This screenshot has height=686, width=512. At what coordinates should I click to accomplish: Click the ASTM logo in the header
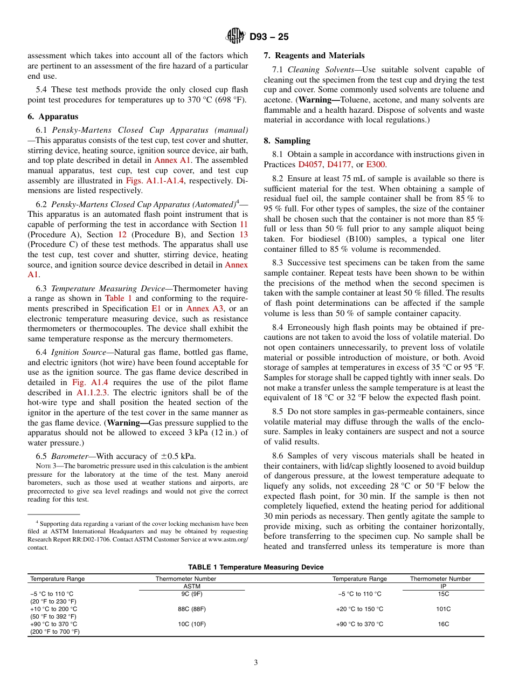[236, 37]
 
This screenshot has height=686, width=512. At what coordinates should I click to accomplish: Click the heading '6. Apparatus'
[53, 116]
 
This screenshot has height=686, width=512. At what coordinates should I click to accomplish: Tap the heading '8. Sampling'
[287, 141]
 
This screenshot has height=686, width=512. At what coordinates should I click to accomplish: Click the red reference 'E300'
[376, 164]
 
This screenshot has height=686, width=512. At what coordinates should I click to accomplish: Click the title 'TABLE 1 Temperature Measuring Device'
[255, 567]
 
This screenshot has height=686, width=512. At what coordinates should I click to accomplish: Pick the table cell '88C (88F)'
[192, 609]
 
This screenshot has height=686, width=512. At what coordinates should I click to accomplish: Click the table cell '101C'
[443, 609]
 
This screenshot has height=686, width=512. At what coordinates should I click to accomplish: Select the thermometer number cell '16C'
[443, 624]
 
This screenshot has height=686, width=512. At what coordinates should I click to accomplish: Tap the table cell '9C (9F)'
[192, 594]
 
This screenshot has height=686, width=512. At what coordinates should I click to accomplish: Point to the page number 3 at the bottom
[256, 663]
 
